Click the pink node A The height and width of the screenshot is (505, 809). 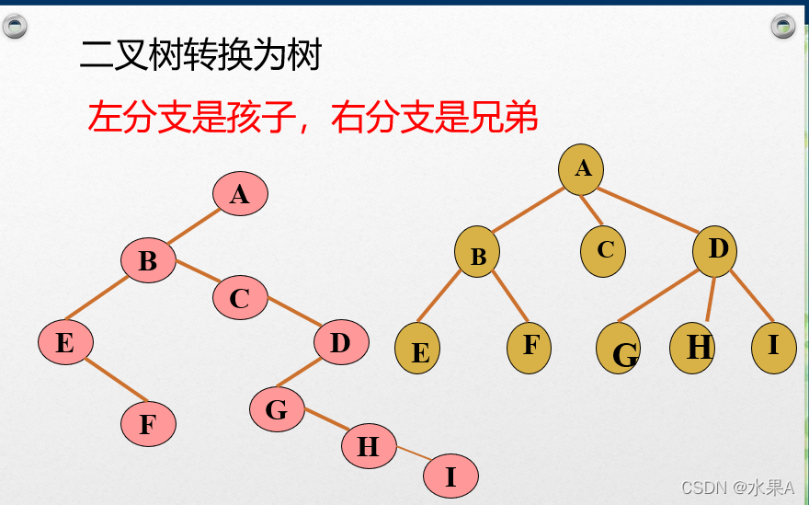[x=240, y=194]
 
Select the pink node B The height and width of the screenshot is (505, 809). [x=148, y=261]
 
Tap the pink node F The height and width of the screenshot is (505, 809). [x=148, y=425]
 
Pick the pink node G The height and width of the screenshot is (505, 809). [x=277, y=409]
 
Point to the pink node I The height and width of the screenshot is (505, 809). [x=450, y=477]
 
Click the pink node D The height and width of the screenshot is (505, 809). [x=341, y=343]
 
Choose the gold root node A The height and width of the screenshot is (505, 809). [x=581, y=169]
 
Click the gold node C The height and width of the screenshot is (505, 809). [x=604, y=250]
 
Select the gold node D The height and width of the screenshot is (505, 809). [x=715, y=250]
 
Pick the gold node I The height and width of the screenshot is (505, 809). [x=773, y=346]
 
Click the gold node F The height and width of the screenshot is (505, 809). [x=530, y=346]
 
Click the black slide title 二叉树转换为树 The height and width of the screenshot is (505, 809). [x=200, y=57]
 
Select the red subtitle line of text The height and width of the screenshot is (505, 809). [x=313, y=118]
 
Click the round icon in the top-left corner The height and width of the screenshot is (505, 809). [x=15, y=27]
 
